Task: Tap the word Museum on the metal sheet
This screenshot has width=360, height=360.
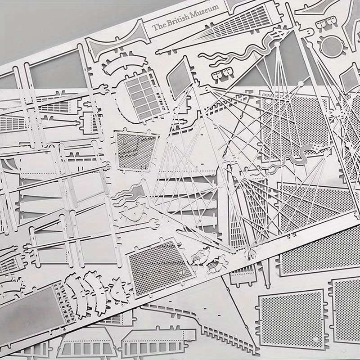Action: (x=204, y=12)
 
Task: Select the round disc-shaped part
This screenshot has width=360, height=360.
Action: (x=332, y=47)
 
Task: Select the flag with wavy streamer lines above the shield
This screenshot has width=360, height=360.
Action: (x=130, y=193)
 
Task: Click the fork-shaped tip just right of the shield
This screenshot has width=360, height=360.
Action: (x=154, y=222)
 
